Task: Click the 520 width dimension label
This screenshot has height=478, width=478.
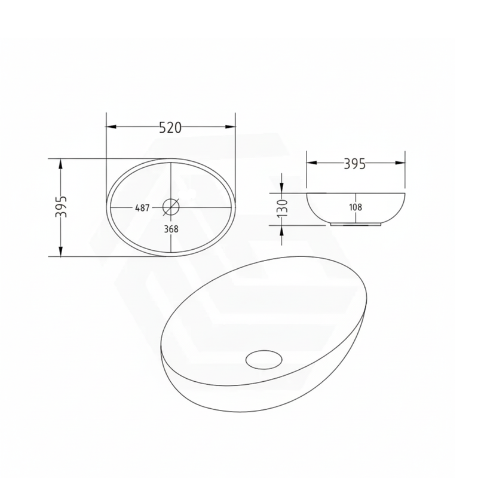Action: [170, 128]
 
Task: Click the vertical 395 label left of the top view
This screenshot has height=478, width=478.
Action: [61, 206]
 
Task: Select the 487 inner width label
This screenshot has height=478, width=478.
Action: [142, 208]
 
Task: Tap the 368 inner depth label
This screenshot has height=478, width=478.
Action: [171, 229]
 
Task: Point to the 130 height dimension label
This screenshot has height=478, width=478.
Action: [283, 208]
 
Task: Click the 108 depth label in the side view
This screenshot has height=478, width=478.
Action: [356, 207]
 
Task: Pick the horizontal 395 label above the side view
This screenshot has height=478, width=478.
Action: [354, 164]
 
